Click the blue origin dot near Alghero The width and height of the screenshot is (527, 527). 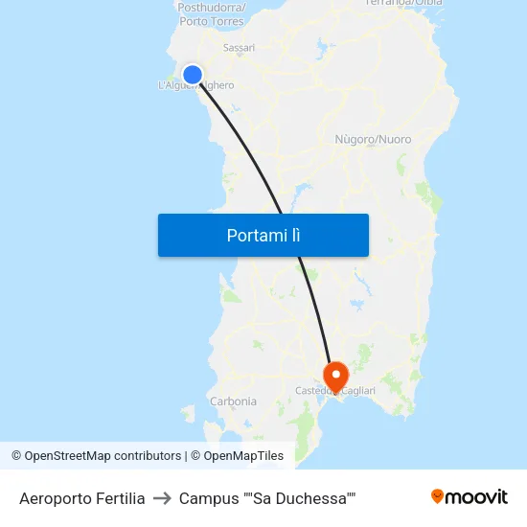pyautogui.click(x=193, y=74)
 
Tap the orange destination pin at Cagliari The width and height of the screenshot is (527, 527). pyautogui.click(x=336, y=374)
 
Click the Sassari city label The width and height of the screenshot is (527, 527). pyautogui.click(x=239, y=47)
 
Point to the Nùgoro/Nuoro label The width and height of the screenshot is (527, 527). pyautogui.click(x=373, y=140)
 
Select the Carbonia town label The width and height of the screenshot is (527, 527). pyautogui.click(x=233, y=401)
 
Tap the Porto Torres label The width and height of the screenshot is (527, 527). pyautogui.click(x=211, y=21)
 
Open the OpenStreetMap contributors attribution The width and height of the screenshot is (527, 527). pyautogui.click(x=103, y=456)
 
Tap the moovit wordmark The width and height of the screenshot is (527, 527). pyautogui.click(x=476, y=496)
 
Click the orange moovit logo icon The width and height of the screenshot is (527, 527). pyautogui.click(x=438, y=496)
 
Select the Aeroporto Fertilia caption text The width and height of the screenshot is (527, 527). pyautogui.click(x=82, y=498)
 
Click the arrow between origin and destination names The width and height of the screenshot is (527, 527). pyautogui.click(x=162, y=498)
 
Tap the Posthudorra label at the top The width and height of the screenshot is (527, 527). pyautogui.click(x=210, y=7)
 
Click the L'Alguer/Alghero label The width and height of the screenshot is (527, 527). pyautogui.click(x=195, y=85)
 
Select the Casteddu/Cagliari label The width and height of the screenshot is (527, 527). pyautogui.click(x=335, y=391)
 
